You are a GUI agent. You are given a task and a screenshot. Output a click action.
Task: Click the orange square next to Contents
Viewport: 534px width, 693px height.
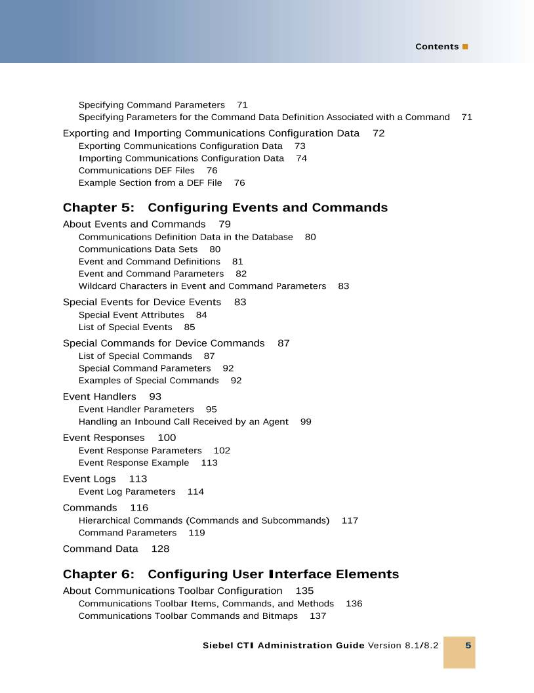tap(465, 47)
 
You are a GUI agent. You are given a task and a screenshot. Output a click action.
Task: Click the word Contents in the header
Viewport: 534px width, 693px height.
tap(436, 47)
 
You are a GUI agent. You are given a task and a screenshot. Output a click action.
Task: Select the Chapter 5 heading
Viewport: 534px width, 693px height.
tap(225, 208)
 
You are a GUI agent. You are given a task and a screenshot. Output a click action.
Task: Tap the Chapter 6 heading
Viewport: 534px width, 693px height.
tap(230, 574)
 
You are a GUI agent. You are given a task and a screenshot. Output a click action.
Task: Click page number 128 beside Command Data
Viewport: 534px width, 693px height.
tap(160, 549)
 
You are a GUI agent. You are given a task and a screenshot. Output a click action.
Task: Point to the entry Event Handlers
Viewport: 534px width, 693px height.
tap(99, 396)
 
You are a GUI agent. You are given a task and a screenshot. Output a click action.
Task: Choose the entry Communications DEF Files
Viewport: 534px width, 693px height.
tap(136, 171)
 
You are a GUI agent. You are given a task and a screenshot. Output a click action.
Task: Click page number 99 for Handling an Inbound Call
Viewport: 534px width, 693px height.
tap(306, 421)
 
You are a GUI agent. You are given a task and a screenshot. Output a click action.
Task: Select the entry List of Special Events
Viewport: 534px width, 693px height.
tap(125, 327)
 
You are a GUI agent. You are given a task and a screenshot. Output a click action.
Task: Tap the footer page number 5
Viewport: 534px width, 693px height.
tap(468, 645)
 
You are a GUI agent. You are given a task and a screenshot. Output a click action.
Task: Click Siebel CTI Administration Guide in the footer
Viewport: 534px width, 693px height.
tap(283, 645)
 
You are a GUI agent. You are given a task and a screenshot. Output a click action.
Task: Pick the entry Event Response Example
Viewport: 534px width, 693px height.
tap(133, 463)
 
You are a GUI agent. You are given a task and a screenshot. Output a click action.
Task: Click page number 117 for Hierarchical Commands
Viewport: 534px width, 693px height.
tap(350, 520)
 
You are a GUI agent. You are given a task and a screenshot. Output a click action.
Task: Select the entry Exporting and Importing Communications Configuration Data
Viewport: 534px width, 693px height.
tap(211, 133)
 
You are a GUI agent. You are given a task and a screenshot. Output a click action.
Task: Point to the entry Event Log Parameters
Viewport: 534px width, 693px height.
tap(127, 492)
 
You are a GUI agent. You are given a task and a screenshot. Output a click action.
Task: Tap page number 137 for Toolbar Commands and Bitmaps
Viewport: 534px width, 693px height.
tap(318, 616)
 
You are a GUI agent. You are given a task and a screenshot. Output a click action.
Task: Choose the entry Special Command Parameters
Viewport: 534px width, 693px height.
tap(144, 368)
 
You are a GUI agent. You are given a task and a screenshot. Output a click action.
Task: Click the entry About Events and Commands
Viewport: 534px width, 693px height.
tap(134, 224)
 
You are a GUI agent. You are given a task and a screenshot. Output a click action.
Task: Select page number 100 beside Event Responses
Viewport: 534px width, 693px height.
tap(167, 438)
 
